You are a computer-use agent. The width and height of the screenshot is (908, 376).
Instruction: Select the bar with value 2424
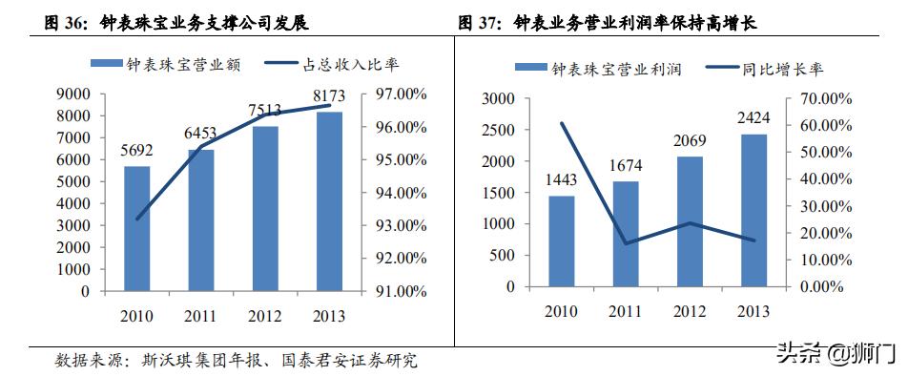click(x=753, y=210)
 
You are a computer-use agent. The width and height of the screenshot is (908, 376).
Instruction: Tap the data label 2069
click(x=690, y=141)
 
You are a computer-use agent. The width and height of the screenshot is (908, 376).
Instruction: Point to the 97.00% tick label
click(x=398, y=94)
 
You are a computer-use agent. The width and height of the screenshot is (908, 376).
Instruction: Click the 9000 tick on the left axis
click(x=73, y=94)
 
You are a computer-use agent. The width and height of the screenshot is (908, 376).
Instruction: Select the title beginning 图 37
click(x=621, y=21)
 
